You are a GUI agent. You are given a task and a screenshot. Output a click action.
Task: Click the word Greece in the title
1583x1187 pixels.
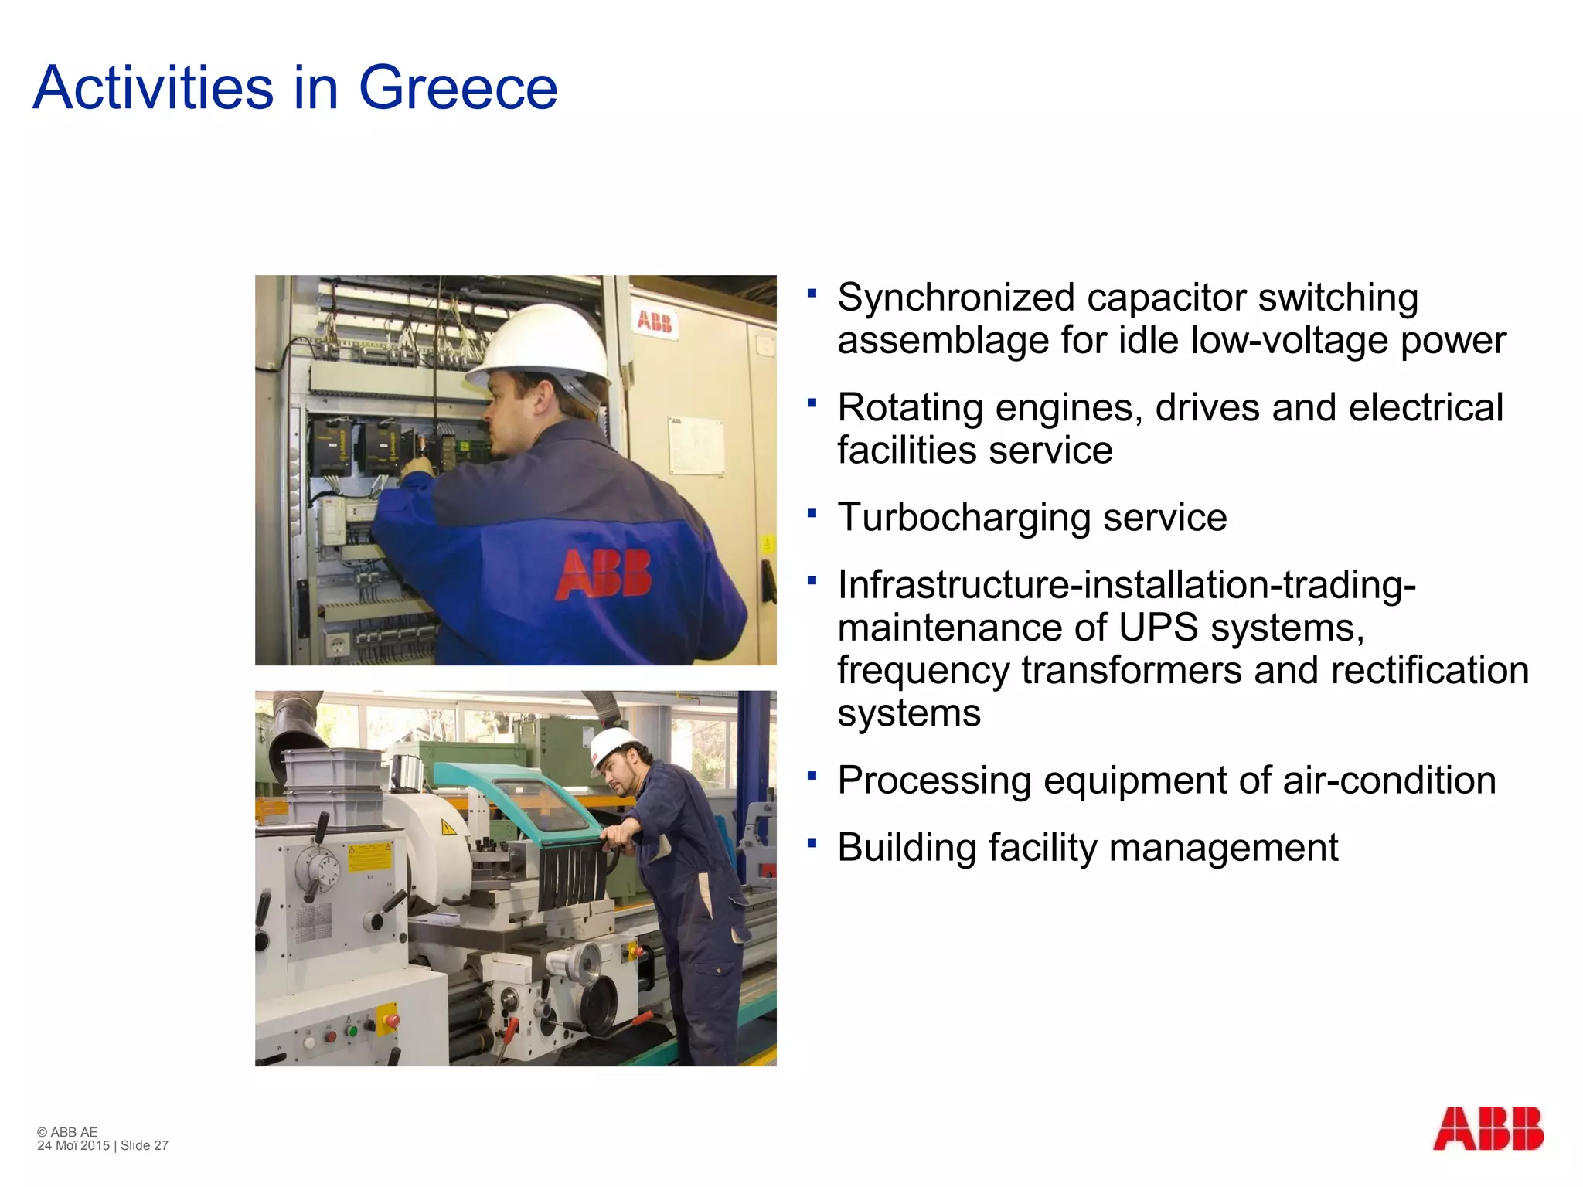coord(458,88)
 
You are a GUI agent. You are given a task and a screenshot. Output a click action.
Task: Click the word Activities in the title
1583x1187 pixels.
coord(153,88)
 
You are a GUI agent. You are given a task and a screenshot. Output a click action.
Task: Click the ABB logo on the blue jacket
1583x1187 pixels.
coord(604,574)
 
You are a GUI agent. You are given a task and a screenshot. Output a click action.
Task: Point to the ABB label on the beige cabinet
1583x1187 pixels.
coord(655,321)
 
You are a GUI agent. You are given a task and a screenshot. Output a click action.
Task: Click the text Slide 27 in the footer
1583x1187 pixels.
coord(145,1145)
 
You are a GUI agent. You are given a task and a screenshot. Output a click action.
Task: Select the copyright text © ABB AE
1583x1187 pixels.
coord(67,1132)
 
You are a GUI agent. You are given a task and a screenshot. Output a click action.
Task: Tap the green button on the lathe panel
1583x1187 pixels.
coord(352,1030)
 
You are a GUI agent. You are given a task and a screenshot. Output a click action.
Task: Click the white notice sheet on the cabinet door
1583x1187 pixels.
coord(696,445)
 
